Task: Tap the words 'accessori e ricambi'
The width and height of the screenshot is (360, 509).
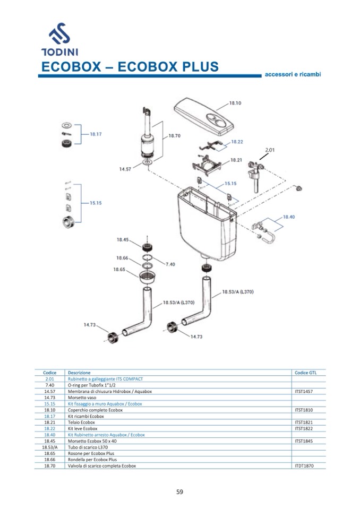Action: click(293, 74)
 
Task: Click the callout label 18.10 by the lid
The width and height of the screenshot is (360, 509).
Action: click(235, 103)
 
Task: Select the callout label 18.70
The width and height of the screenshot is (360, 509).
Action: click(175, 136)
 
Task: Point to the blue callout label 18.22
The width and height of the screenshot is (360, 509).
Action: click(237, 142)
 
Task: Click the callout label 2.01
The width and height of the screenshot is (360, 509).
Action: click(270, 150)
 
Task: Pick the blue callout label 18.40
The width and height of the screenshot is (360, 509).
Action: click(289, 217)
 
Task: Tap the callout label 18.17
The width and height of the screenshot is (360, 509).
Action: click(96, 134)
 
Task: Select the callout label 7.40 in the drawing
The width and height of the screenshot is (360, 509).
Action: click(170, 264)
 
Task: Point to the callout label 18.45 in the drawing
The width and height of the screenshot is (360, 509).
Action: click(123, 240)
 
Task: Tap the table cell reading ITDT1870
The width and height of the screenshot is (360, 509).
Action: click(305, 465)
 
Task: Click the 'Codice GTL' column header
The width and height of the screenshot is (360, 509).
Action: click(305, 373)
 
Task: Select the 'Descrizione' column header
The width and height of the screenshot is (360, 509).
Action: click(79, 373)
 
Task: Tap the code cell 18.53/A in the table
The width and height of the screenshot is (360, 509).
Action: click(50, 447)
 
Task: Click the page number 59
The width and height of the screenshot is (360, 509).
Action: click(179, 491)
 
